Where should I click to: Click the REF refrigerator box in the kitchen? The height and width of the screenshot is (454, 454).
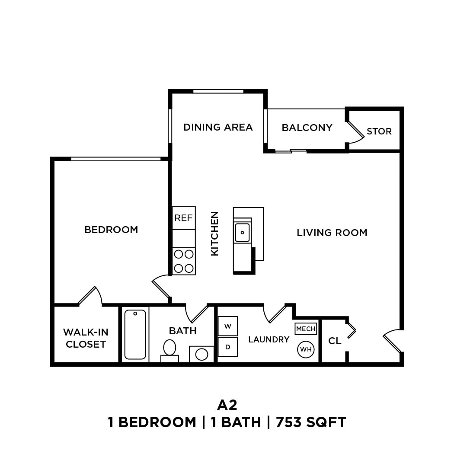184,218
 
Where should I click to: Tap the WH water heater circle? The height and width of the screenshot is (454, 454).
306,349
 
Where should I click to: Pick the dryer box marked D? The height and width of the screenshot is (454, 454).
227,347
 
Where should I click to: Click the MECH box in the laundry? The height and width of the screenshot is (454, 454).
306,329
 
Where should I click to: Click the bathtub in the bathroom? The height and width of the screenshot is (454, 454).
135,334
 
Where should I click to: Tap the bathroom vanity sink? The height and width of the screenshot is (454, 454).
201,354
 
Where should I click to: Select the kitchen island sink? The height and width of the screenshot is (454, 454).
242,233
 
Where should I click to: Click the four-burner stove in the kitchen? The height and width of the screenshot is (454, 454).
184,261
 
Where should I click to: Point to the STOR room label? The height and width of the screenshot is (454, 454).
379,131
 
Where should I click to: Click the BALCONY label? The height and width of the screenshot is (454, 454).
307,128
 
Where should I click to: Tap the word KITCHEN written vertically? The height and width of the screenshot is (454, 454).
215,233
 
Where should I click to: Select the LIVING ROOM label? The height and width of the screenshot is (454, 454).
332,233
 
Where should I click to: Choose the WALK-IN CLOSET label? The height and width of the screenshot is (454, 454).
86,338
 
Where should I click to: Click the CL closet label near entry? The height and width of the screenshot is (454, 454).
335,341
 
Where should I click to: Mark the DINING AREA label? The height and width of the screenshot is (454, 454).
218,127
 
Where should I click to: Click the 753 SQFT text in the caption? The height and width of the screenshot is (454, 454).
311,422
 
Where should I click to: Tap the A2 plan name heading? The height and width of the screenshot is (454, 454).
227,405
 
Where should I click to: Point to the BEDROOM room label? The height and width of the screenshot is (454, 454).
111,230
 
